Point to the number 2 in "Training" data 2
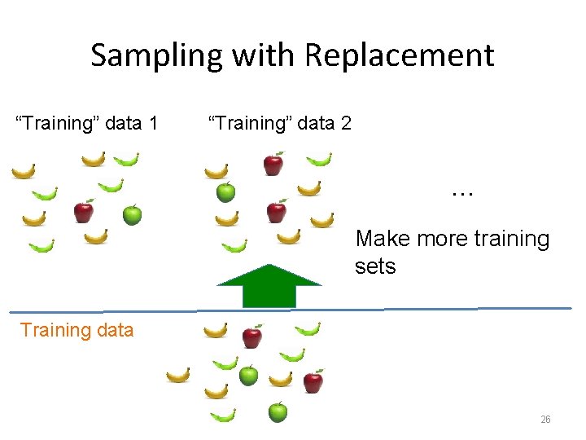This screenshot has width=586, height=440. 346,123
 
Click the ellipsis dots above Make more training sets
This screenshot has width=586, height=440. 462,194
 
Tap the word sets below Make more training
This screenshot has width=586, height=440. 375,266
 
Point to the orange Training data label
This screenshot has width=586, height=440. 77,330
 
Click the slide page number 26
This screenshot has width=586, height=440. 545,420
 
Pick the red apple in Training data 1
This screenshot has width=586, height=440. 83,212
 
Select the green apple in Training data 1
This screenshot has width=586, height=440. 132,215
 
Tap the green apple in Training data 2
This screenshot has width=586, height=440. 225,191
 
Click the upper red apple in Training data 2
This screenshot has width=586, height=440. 273,164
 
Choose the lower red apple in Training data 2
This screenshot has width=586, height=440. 277,212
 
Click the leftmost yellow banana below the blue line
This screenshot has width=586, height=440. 177,376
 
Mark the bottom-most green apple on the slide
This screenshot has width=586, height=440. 278,411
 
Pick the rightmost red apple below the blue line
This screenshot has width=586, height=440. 313,381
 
